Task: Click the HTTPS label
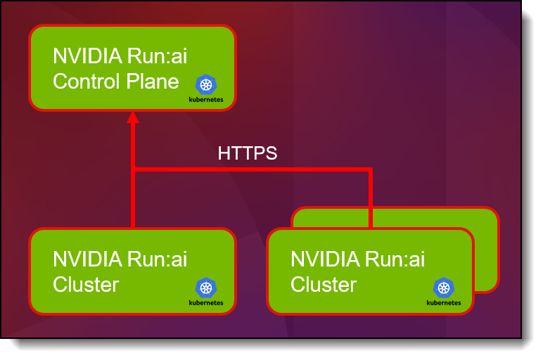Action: tap(248, 153)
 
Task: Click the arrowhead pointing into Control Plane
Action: tap(133, 117)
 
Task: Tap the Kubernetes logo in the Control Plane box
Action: tap(206, 84)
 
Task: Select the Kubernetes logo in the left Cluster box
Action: tap(206, 288)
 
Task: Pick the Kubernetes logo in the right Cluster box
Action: tap(444, 288)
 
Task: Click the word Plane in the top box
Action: tap(153, 82)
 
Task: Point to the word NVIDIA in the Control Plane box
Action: tap(88, 56)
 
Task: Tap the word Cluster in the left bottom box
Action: tap(86, 285)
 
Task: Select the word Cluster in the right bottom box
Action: tap(324, 285)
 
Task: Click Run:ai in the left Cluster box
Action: tap(157, 259)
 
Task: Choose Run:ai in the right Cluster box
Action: tap(395, 259)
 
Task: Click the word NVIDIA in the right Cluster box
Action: tap(325, 259)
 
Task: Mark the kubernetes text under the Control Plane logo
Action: tap(206, 100)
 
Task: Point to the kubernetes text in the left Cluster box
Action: tap(206, 303)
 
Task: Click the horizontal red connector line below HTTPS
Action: tap(253, 169)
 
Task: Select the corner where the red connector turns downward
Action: tap(371, 169)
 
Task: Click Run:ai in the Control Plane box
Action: tap(157, 56)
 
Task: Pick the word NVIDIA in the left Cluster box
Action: tap(88, 259)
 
